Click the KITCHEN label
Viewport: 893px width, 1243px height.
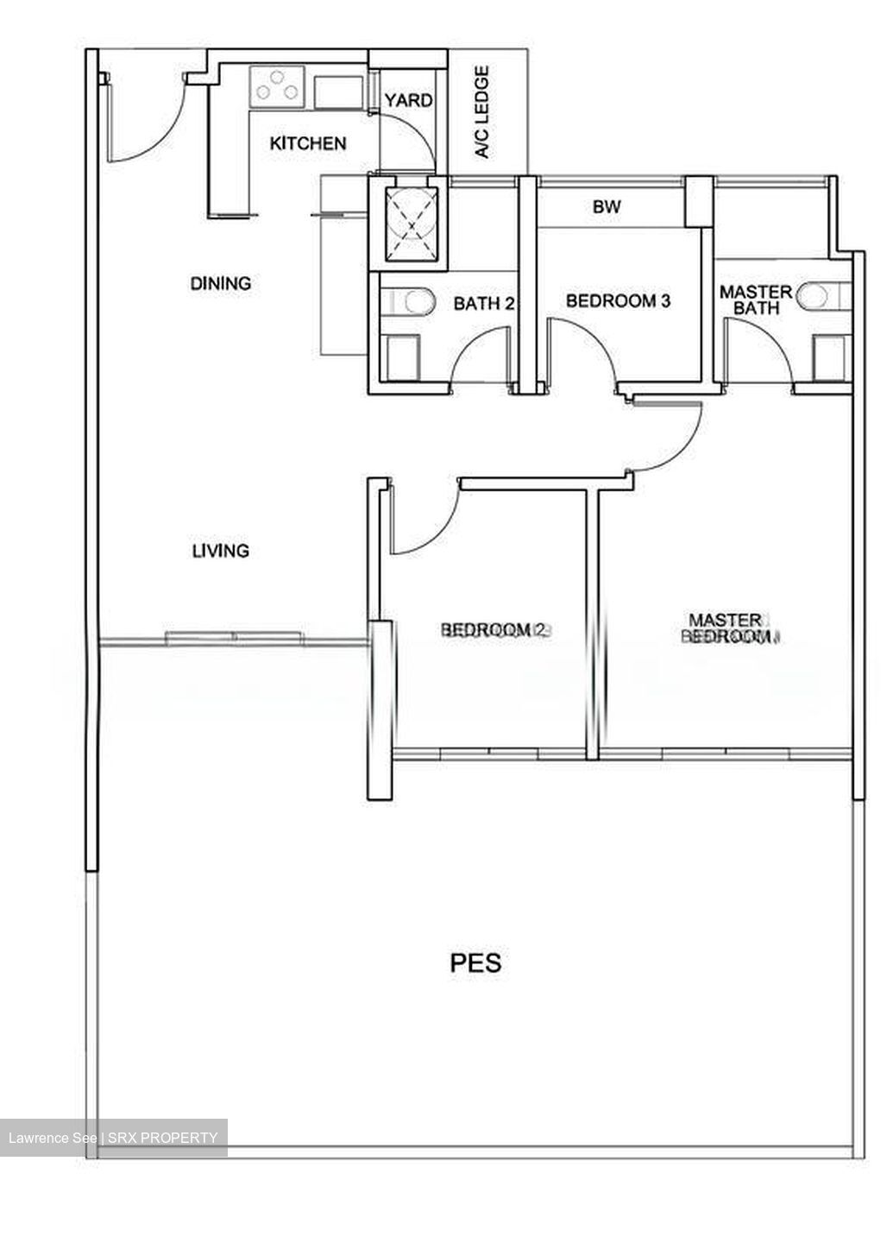[308, 143]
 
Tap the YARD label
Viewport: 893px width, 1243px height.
[408, 100]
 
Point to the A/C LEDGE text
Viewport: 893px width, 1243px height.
[482, 112]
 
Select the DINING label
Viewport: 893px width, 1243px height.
[221, 283]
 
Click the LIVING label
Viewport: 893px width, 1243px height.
[221, 551]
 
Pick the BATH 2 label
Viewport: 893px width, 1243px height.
[484, 303]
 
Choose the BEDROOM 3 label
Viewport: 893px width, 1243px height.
[618, 301]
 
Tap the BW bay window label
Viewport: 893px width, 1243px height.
[607, 207]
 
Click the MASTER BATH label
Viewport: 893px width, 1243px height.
[756, 300]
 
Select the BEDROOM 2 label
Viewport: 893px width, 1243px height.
[494, 630]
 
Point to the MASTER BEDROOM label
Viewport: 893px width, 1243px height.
[726, 628]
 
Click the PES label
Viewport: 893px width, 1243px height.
[475, 962]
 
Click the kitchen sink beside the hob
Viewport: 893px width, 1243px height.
[337, 91]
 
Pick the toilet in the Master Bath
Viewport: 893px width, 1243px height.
[817, 297]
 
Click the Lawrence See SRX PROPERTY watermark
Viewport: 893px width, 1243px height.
[113, 1138]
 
